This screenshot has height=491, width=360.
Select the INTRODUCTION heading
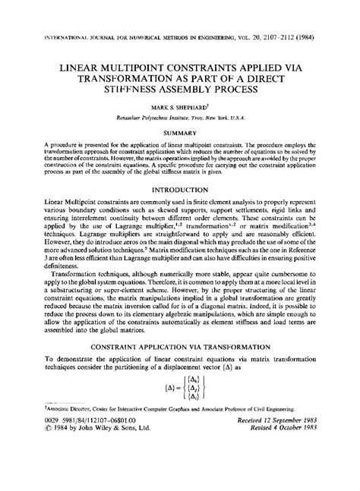click(180, 188)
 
